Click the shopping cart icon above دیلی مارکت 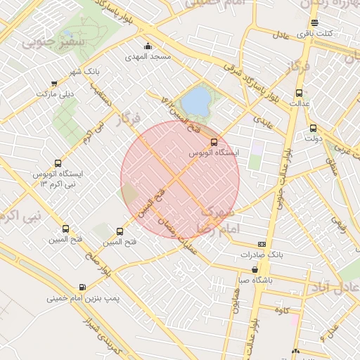click(x=54, y=84)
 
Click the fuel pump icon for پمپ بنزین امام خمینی click(x=84, y=287)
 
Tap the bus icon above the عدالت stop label click(x=300, y=92)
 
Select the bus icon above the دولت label click(x=313, y=129)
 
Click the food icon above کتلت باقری click(x=314, y=22)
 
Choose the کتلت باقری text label click(x=333, y=33)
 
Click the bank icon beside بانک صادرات click(x=262, y=244)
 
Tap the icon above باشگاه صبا click(x=254, y=269)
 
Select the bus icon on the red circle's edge click(x=214, y=141)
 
